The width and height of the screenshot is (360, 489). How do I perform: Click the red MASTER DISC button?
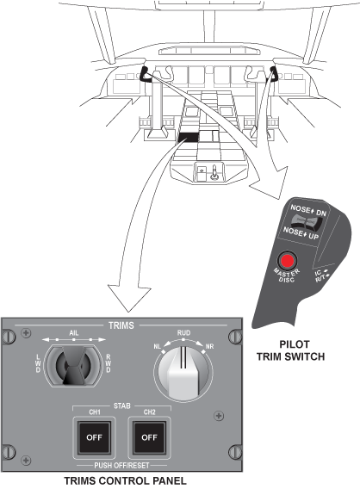(287, 260)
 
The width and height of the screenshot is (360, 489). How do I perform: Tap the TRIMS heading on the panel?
(121, 325)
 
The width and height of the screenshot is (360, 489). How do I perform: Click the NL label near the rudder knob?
(158, 346)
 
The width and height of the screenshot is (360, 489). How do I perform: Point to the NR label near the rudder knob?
(209, 346)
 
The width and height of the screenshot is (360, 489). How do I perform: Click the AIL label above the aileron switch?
(73, 333)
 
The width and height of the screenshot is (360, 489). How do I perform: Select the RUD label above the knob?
(183, 333)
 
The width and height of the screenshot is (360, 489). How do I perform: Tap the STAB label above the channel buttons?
(121, 405)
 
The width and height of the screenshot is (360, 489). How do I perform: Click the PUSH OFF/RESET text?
(121, 465)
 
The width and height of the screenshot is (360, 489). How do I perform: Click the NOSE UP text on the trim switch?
(301, 233)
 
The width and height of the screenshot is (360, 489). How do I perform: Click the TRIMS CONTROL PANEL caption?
(125, 480)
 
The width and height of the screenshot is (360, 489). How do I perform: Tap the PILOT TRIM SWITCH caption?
(290, 350)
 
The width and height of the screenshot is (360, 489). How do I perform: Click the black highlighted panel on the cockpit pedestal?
(189, 137)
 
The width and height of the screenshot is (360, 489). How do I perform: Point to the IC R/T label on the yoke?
(321, 275)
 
